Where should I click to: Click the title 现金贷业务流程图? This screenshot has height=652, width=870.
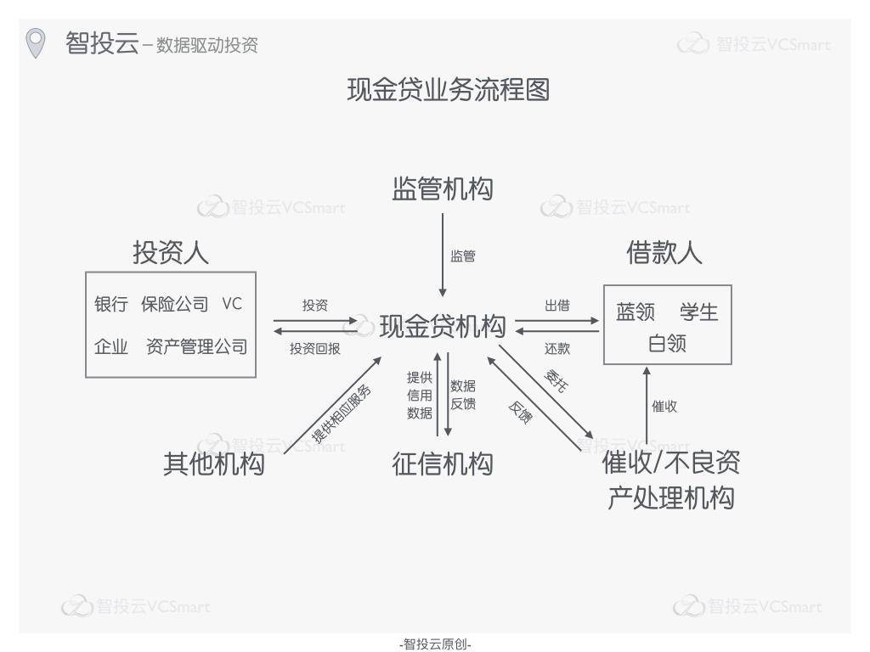tap(448, 89)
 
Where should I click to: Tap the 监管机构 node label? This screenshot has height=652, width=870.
tap(442, 188)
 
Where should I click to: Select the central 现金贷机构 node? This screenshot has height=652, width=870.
tap(442, 326)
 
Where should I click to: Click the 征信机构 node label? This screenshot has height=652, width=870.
tap(442, 464)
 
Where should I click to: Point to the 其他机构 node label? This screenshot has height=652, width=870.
tap(213, 464)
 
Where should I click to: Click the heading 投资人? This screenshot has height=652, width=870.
tap(170, 252)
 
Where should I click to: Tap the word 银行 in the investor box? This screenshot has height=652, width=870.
tap(110, 304)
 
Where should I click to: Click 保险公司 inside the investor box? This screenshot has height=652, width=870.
tap(174, 304)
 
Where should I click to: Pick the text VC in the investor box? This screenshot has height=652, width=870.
tap(232, 304)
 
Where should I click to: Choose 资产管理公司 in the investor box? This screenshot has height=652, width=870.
tap(196, 346)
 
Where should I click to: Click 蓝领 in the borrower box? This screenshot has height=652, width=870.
tap(636, 312)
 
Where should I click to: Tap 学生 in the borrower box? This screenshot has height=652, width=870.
tap(698, 312)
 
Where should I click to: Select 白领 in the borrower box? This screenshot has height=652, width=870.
tap(667, 344)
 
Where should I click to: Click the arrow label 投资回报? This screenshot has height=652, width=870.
tap(314, 348)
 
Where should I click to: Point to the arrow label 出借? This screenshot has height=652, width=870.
tap(556, 306)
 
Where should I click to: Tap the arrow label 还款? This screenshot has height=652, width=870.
tap(556, 348)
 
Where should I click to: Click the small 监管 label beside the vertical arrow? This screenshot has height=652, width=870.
tap(463, 256)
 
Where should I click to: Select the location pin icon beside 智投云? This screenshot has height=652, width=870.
tap(35, 42)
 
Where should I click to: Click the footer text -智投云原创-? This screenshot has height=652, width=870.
tap(435, 644)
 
